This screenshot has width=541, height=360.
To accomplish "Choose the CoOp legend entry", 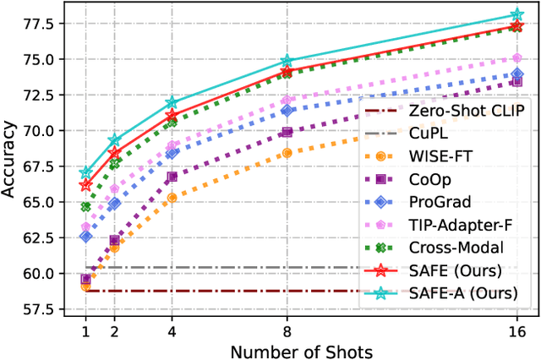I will tap(432, 180).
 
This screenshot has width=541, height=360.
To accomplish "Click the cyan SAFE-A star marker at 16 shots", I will tap(516, 14).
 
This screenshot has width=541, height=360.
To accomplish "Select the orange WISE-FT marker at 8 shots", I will tap(287, 153).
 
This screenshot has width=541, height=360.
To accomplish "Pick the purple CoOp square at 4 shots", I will tap(172, 177).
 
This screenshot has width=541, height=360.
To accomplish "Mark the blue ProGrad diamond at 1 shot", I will tap(85, 236).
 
